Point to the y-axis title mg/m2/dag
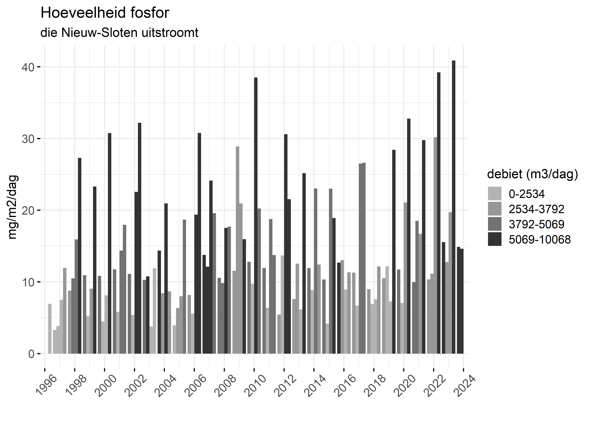[13, 207]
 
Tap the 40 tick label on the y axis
[28, 67]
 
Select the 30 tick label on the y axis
[28, 139]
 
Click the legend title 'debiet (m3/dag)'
[532, 174]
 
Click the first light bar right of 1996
[50, 329]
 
